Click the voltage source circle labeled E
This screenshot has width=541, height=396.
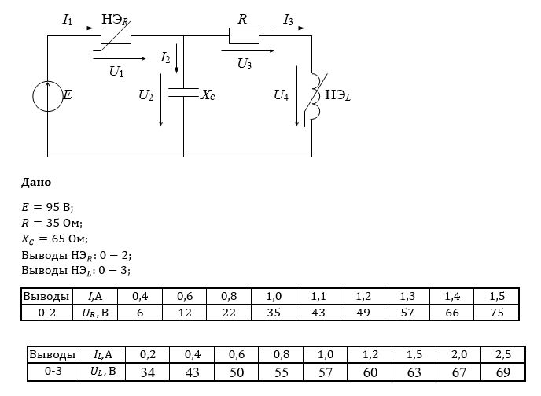(33, 96)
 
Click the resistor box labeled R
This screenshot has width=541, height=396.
(244, 35)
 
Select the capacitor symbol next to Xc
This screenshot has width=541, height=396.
(183, 92)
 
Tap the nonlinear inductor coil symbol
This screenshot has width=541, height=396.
(315, 97)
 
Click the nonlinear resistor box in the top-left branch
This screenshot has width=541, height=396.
(116, 35)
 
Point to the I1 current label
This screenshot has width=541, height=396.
(68, 20)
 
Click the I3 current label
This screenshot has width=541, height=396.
(288, 20)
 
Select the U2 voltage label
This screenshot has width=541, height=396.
(145, 95)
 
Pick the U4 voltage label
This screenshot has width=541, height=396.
(281, 95)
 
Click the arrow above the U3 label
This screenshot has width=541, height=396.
(248, 51)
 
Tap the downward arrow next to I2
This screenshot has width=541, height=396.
(177, 58)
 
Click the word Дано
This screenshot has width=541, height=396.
(36, 182)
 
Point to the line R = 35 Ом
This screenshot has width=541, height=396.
(52, 223)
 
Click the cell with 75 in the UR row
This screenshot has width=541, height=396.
(497, 313)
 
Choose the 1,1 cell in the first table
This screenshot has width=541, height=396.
(318, 296)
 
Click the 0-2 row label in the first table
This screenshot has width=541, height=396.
(47, 313)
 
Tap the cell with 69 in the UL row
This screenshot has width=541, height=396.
(503, 372)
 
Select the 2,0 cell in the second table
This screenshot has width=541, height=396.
(458, 354)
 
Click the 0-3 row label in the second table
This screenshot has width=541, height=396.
(53, 371)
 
